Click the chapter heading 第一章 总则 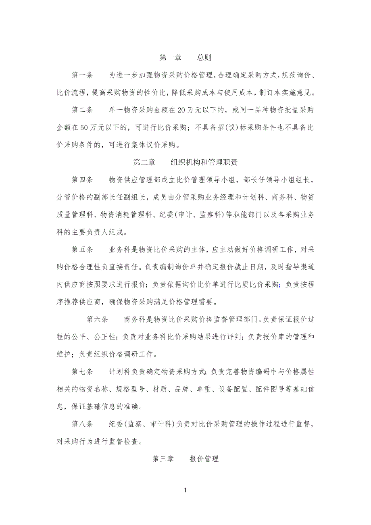(185, 58)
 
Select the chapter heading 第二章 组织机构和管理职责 (185, 162)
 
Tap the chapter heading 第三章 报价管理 (185, 459)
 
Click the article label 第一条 (82, 75)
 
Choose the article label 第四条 (82, 180)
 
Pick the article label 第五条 (82, 250)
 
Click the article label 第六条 (97, 320)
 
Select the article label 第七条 (82, 372)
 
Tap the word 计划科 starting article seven (119, 372)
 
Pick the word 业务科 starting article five (119, 250)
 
